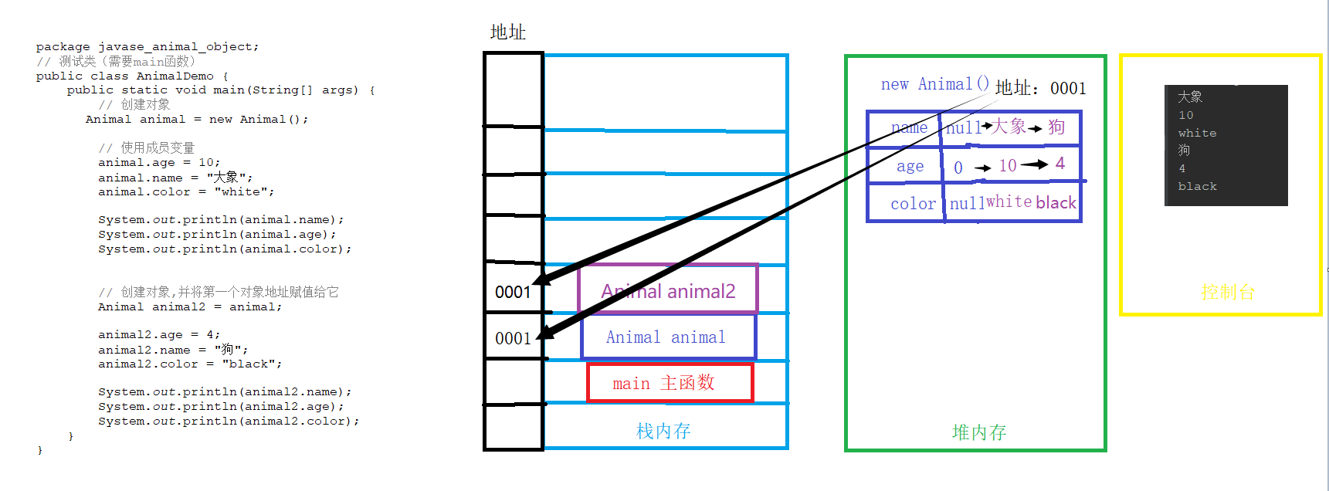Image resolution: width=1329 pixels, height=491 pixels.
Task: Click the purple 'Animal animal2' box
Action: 668,290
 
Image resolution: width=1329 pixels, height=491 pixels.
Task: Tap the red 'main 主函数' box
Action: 669,383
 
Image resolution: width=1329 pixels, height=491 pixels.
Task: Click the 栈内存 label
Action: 663,431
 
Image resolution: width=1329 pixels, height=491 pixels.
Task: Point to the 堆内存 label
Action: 978,432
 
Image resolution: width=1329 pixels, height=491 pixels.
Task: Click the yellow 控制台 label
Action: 1227,292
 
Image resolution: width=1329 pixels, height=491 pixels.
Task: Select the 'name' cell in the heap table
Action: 908,128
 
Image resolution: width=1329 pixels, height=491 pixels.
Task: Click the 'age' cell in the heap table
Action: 910,166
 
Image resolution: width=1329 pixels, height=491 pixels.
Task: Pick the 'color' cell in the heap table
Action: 913,204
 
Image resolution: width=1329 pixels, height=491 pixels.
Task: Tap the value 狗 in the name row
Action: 1056,127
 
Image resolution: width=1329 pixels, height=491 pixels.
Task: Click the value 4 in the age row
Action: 1060,163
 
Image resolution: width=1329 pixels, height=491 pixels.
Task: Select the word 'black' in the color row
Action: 1056,202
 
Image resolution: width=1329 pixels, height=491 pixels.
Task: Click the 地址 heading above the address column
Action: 507,32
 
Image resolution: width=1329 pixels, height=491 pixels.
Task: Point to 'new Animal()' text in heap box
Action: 934,84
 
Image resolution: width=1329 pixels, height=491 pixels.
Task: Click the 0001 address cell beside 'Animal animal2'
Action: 513,292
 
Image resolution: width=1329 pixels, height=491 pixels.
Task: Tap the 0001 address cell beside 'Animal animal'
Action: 513,338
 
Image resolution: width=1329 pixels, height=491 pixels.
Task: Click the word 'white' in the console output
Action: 1197,133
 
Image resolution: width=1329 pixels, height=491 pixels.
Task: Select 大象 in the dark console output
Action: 1189,97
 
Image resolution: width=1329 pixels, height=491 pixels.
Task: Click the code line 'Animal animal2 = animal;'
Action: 189,306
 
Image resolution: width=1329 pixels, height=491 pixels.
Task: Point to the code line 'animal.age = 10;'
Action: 158,162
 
